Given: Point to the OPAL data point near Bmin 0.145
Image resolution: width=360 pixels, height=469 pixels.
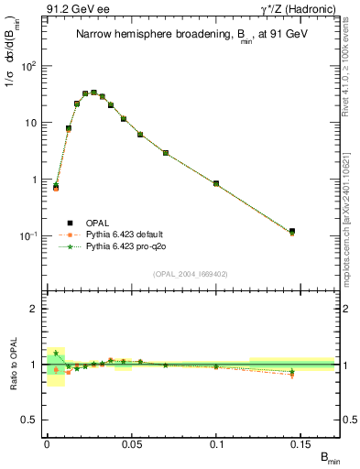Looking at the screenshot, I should [292, 232].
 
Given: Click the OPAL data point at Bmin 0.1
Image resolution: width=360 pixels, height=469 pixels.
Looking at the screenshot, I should [216, 183].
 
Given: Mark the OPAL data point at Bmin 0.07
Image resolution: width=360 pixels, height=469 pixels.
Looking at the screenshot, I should [166, 152].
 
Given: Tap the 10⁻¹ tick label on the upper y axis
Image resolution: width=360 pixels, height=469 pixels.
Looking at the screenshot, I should [29, 235].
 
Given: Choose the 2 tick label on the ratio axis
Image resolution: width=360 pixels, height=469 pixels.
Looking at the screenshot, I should [35, 309].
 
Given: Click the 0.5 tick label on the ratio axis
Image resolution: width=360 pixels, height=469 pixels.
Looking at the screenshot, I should [31, 420].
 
